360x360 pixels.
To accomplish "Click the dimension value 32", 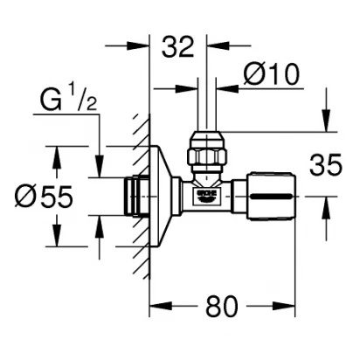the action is pyautogui.click(x=178, y=46).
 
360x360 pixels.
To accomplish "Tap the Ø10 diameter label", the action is pyautogui.click(x=272, y=74).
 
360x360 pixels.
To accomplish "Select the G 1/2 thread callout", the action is pyautogui.click(x=68, y=100).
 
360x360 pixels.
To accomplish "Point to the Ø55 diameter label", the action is pyautogui.click(x=44, y=197).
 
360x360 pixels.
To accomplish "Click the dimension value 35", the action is pyautogui.click(x=325, y=165).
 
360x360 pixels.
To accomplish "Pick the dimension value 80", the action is pyautogui.click(x=222, y=306).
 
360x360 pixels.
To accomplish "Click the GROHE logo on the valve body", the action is pyautogui.click(x=207, y=196).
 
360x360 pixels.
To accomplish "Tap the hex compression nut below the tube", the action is pyautogui.click(x=207, y=155).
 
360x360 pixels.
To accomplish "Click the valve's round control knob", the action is pyautogui.click(x=271, y=197).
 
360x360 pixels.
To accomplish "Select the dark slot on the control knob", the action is pyautogui.click(x=272, y=197).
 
